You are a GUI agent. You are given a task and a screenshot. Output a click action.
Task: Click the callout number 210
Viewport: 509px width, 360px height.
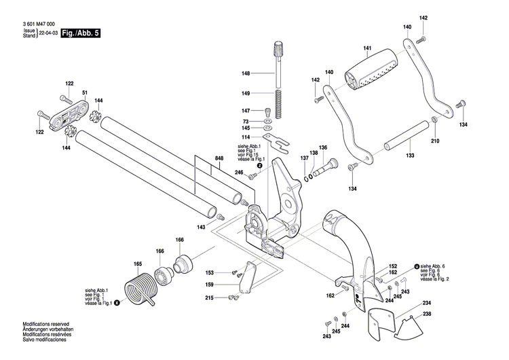[435, 141]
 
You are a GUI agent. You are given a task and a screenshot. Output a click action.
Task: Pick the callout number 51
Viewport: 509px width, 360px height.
[86, 93]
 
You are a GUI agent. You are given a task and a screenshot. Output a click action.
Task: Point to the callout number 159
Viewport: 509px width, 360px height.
[210, 284]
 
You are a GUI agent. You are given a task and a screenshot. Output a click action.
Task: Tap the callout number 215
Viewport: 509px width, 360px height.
[210, 298]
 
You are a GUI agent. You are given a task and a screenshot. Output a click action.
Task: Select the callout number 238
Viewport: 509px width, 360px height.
[427, 314]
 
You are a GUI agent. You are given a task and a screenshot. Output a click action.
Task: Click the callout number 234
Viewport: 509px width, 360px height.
[427, 302]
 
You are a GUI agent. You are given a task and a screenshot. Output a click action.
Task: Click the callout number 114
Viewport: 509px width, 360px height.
[246, 137]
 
